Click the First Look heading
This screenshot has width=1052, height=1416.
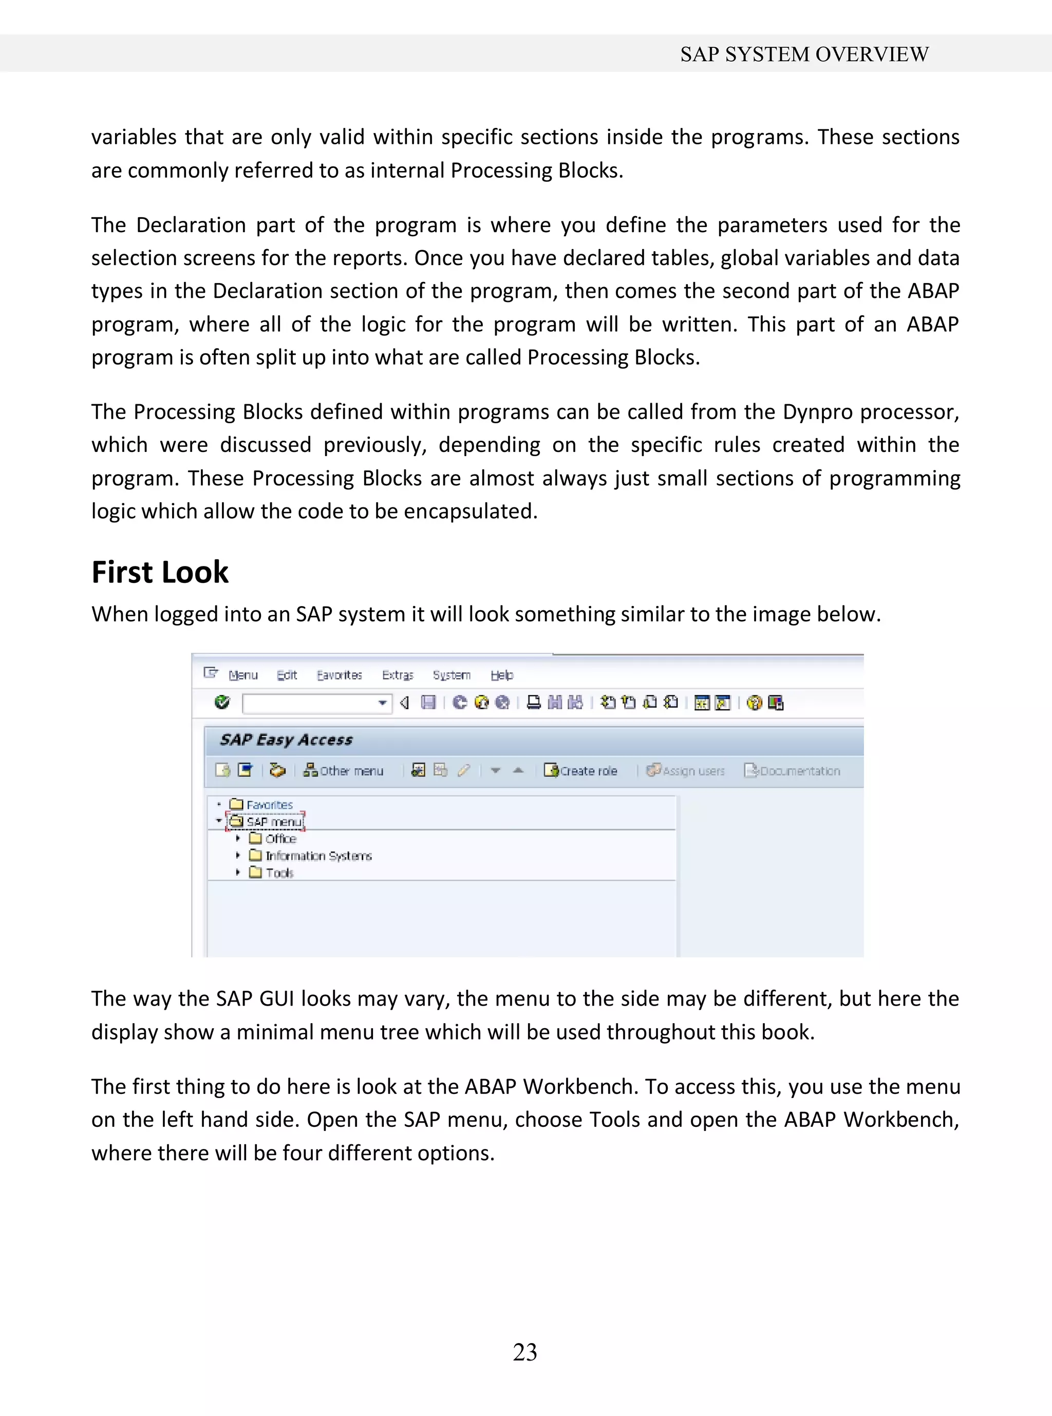160,572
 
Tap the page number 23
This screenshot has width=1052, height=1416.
525,1352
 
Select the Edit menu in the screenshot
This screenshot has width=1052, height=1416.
287,675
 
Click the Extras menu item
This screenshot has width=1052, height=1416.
398,675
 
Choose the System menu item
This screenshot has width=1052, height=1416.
452,675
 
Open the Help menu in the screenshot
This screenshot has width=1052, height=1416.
502,675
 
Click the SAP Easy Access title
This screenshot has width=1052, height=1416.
286,740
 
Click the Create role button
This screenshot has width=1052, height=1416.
581,771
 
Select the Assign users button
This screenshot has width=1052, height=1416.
686,771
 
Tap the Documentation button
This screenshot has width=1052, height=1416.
793,771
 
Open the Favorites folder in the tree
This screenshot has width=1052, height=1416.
269,805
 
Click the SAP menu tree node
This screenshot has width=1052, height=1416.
273,822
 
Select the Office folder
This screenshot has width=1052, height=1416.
280,839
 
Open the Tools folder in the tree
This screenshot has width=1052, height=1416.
279,873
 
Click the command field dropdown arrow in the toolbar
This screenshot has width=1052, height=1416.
382,703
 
